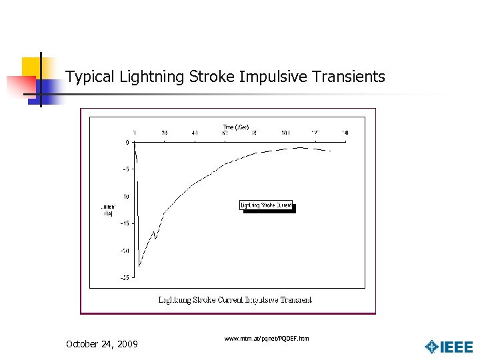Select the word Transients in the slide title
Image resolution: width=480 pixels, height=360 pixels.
tap(351, 77)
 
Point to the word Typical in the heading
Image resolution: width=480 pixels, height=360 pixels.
tap(91, 77)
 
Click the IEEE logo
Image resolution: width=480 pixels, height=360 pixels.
tap(449, 347)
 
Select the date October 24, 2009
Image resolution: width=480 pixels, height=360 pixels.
tap(102, 344)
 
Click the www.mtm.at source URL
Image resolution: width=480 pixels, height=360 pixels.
tap(267, 339)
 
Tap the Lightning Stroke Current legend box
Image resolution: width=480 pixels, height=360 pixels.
tap(266, 205)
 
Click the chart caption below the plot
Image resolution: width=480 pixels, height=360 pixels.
tap(235, 300)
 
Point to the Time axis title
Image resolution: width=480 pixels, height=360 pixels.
tap(236, 127)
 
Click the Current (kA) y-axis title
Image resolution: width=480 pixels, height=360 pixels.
tap(108, 210)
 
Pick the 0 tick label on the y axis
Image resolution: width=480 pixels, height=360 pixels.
tap(127, 143)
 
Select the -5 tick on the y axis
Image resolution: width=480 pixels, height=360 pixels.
tap(125, 169)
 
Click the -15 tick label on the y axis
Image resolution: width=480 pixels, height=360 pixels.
tap(125, 223)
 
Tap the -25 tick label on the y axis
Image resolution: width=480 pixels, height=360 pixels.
tap(125, 278)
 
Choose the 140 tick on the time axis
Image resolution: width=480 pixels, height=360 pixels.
tap(345, 133)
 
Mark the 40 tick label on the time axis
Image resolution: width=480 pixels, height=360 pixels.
tap(195, 133)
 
